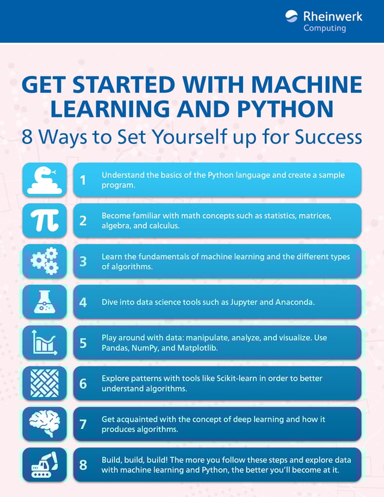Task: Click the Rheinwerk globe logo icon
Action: click(x=292, y=17)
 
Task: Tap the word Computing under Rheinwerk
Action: click(x=324, y=28)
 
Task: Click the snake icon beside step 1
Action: click(x=45, y=180)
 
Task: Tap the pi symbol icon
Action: click(x=45, y=220)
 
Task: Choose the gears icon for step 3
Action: click(x=45, y=261)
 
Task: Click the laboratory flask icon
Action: click(x=45, y=302)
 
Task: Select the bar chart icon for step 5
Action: click(x=45, y=343)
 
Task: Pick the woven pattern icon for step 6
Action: click(x=45, y=383)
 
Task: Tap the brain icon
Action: click(x=45, y=424)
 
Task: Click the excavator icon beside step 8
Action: click(x=45, y=464)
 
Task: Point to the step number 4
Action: click(x=83, y=302)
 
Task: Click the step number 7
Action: click(x=83, y=424)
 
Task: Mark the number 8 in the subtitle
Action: click(x=27, y=137)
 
